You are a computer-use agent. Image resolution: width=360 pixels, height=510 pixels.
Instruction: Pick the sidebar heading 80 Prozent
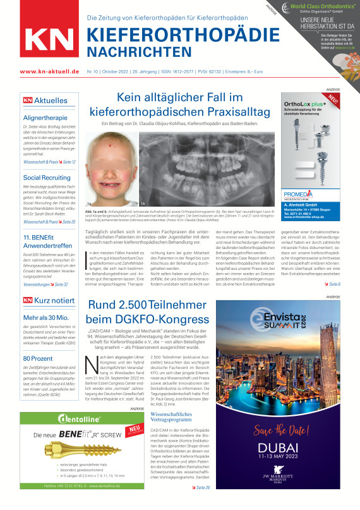(x=38, y=358)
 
